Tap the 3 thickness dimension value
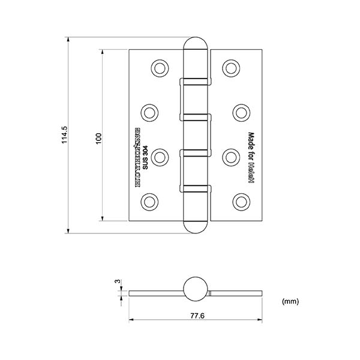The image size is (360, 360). tap(118, 281)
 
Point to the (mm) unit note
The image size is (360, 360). tap(290, 301)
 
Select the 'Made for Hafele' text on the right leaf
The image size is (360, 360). tap(251, 158)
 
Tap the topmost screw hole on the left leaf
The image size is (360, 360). tap(159, 67)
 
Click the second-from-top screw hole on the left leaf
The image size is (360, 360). tap(149, 112)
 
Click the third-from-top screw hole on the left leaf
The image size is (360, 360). tap(159, 157)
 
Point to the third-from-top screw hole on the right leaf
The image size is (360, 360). tap(232, 157)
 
